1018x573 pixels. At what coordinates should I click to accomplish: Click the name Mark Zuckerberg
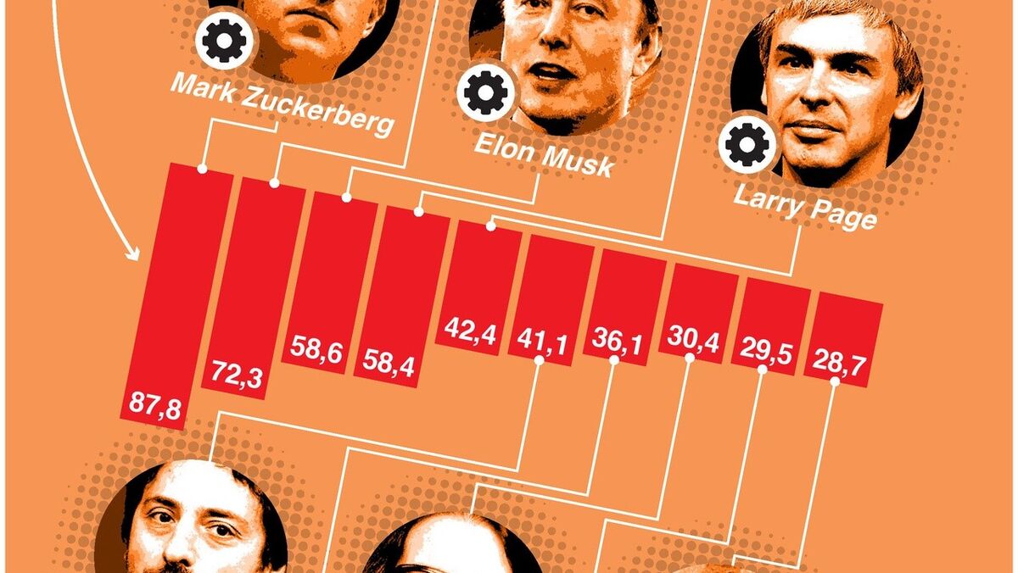point(282,108)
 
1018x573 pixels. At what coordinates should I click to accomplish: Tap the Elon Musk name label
point(543,156)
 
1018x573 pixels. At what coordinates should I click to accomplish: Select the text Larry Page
point(803,209)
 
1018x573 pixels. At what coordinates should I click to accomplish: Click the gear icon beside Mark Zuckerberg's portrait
point(225,40)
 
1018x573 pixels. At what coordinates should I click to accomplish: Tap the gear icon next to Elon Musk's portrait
point(485,93)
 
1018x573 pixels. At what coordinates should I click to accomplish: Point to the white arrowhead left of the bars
point(133,252)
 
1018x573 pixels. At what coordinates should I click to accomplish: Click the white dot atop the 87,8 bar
point(202,169)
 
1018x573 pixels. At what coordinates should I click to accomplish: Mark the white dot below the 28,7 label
point(835,381)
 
